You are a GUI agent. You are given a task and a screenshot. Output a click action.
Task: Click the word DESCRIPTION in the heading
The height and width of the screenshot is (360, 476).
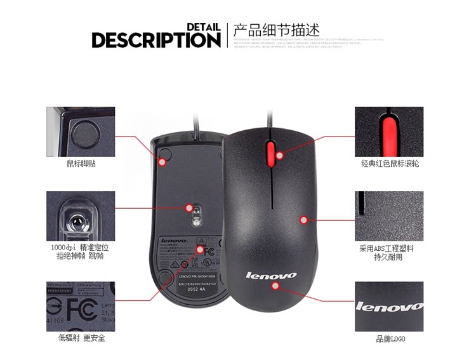click(155, 40)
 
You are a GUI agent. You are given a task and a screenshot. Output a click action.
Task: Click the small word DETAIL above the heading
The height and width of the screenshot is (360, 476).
click(203, 27)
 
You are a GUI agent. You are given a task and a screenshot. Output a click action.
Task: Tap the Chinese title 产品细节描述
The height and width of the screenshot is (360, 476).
click(276, 30)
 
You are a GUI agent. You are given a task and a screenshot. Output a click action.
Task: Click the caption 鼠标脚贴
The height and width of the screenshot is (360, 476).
click(81, 163)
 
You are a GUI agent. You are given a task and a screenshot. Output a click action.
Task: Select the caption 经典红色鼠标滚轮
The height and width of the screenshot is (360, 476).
click(390, 163)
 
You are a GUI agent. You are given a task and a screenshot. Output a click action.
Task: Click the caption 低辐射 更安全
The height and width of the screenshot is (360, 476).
click(81, 338)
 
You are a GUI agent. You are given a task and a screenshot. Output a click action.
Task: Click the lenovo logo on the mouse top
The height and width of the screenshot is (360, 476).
click(271, 275)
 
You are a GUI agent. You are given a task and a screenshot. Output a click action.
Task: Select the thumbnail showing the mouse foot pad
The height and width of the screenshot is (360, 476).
click(81, 131)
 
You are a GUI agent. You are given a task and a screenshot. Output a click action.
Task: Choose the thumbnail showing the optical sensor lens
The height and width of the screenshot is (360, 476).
click(81, 216)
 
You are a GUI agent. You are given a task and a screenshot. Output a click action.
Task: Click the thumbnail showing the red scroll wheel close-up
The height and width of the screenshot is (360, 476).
click(389, 131)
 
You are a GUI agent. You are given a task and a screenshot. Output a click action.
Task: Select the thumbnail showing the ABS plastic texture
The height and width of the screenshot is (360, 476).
click(389, 216)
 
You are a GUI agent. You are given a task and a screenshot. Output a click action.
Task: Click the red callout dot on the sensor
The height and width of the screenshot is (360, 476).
click(189, 207)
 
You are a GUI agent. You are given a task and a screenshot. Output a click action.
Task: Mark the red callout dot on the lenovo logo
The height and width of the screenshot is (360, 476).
click(275, 285)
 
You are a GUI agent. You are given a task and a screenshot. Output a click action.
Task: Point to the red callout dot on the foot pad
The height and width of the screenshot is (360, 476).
click(162, 163)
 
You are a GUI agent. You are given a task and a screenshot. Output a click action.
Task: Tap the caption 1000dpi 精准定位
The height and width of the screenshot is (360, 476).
click(81, 248)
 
